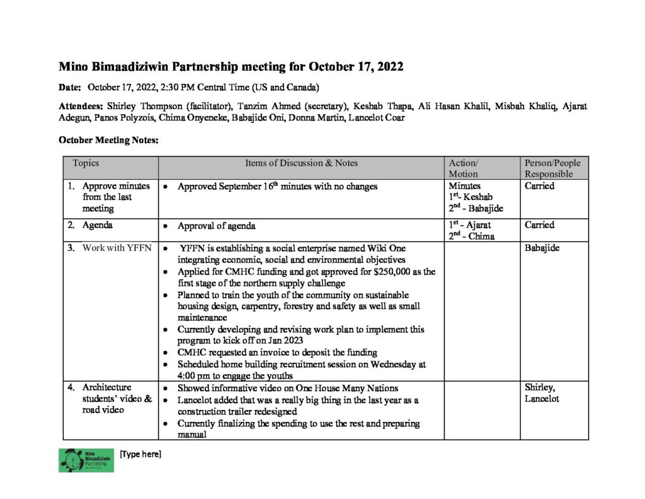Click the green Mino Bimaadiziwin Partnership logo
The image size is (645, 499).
86,460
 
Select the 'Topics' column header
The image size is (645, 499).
86,163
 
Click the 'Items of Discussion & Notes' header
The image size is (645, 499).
301,163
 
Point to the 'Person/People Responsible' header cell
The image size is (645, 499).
553,168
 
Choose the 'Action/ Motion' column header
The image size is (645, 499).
463,168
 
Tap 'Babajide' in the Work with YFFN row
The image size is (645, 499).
542,248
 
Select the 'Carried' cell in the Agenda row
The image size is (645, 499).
539,225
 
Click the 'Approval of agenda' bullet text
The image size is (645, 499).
216,225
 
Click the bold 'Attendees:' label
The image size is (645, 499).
81,106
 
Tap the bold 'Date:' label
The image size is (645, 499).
70,86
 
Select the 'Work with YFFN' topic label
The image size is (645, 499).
117,248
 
